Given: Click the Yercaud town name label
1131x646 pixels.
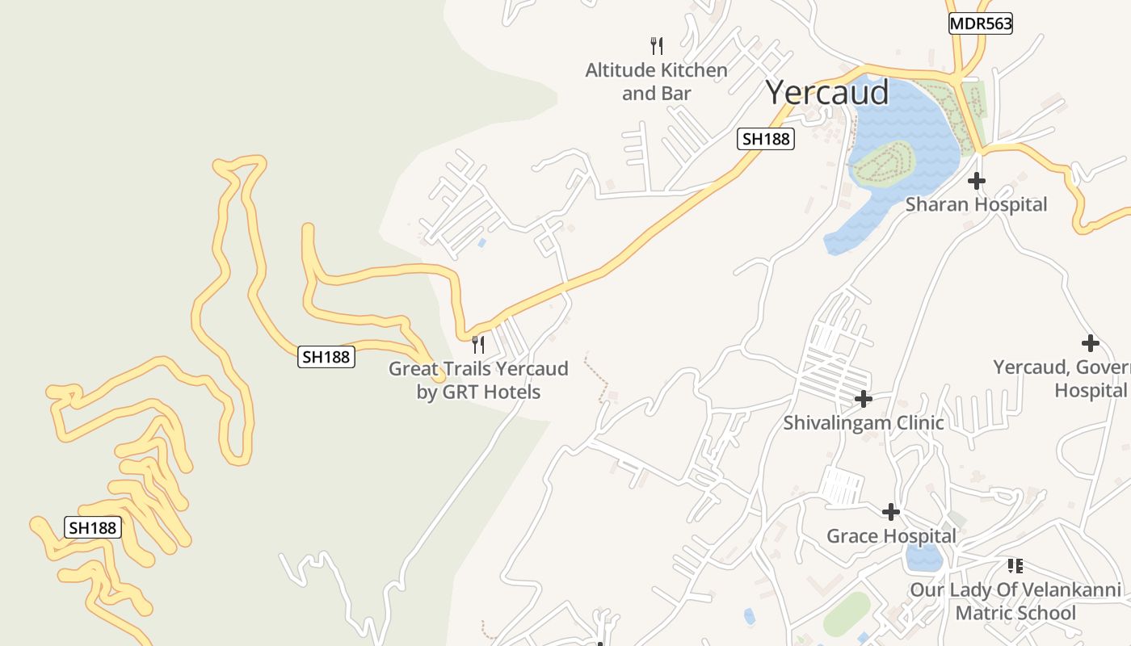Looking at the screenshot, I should click(826, 93).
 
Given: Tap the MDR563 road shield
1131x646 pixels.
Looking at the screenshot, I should click(980, 23).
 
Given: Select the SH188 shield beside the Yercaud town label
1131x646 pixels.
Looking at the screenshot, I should click(765, 139).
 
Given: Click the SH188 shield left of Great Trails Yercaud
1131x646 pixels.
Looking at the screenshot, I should click(326, 356).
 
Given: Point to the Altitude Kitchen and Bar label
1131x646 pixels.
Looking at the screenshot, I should click(656, 82).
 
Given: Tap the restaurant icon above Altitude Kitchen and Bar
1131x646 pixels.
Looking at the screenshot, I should click(657, 45).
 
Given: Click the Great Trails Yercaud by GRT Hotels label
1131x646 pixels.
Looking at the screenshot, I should click(478, 380).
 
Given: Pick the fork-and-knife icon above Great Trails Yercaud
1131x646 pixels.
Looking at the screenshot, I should click(478, 345).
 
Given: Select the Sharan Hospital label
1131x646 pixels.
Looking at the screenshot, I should click(976, 204).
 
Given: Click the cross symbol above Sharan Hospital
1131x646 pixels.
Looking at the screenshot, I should click(977, 180).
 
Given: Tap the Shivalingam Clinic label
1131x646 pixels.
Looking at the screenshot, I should click(863, 422).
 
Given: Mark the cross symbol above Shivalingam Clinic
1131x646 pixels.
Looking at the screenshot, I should click(864, 398).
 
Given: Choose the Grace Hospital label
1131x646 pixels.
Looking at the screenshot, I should click(891, 535).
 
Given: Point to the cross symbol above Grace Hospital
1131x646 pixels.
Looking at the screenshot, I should click(891, 511).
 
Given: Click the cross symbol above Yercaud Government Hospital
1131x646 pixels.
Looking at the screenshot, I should click(1090, 343).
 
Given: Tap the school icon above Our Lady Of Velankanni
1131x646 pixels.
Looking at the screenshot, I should click(1015, 565).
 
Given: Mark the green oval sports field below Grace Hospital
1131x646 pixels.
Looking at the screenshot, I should click(847, 615).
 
